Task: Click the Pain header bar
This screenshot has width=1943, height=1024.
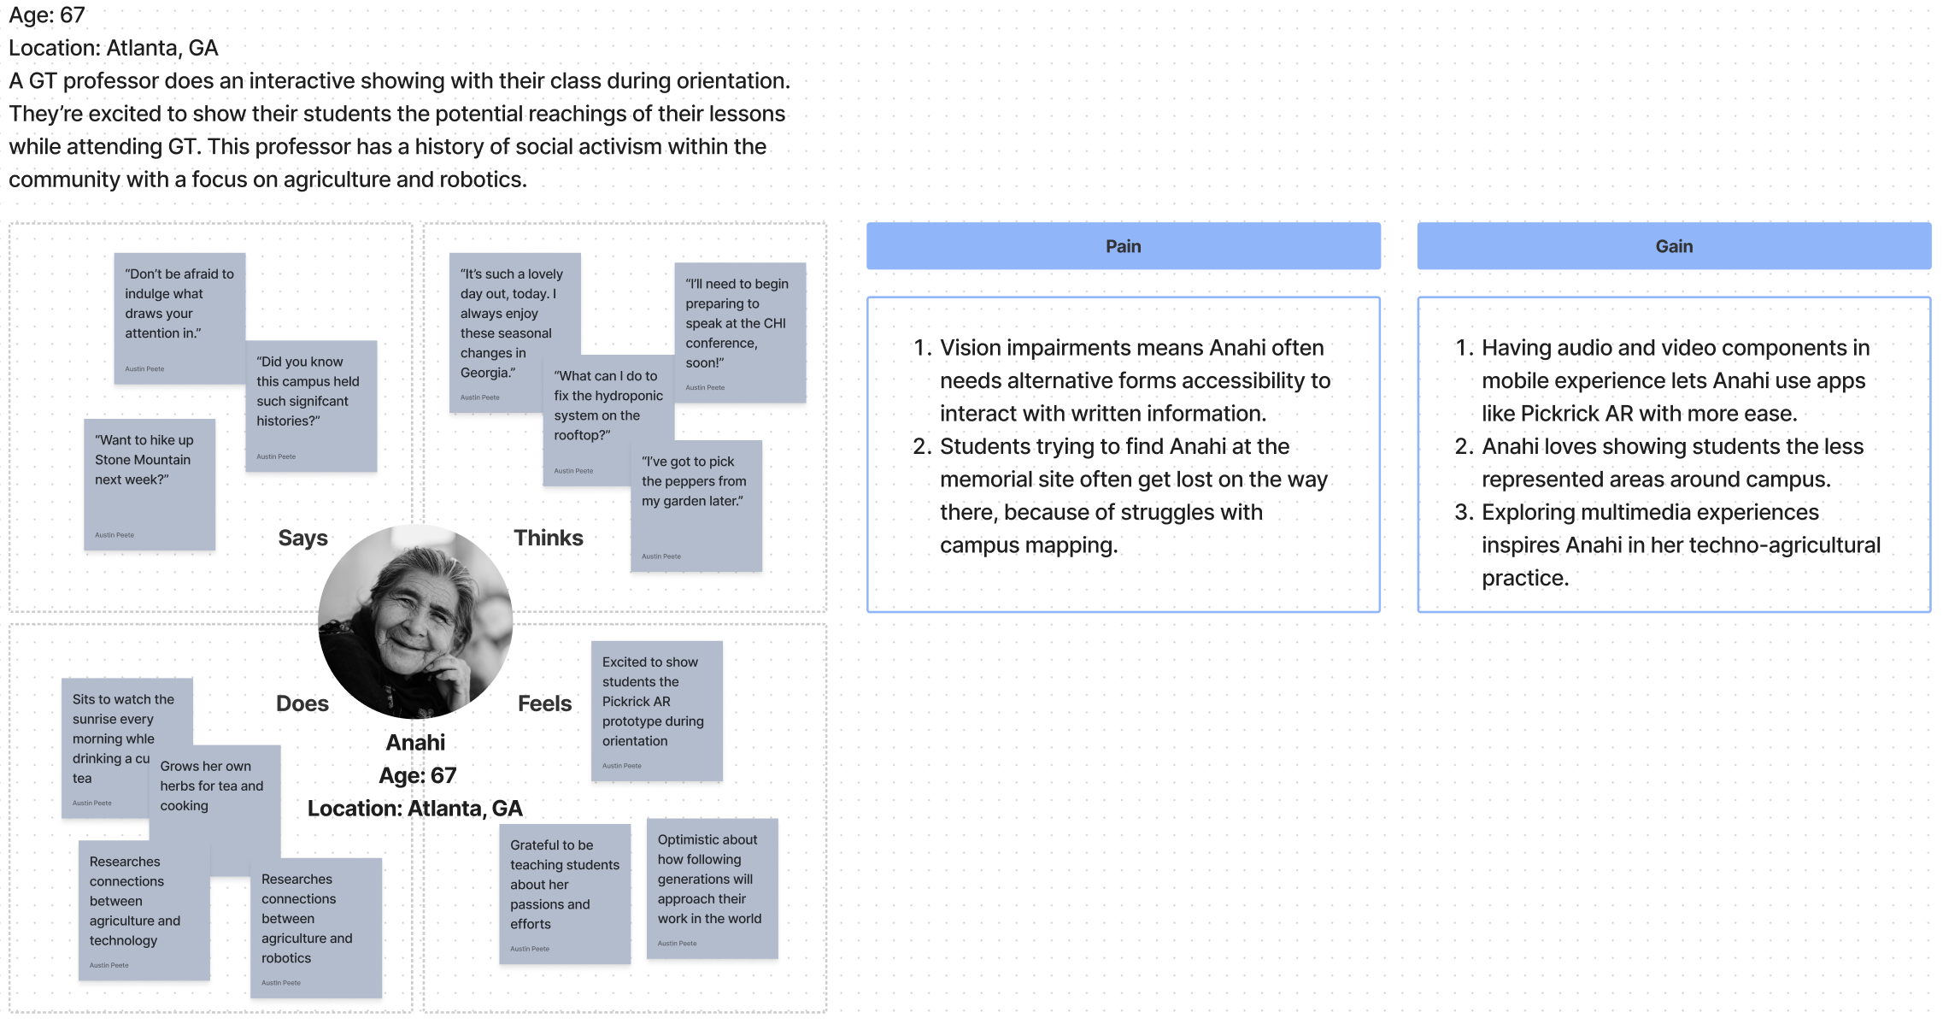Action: (x=1123, y=246)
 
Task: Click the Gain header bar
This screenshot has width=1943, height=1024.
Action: (x=1673, y=246)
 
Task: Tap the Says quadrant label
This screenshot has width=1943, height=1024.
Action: (x=302, y=538)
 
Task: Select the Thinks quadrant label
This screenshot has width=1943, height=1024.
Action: (x=548, y=538)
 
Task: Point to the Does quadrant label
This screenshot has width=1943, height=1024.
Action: (x=302, y=703)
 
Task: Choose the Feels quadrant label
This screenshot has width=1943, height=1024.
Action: (x=544, y=703)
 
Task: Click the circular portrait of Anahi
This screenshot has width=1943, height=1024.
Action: (x=415, y=621)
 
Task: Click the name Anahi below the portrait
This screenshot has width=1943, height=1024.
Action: (x=415, y=742)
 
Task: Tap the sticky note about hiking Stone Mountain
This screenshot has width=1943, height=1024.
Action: (x=149, y=484)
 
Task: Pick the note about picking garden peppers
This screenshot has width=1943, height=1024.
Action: (x=696, y=505)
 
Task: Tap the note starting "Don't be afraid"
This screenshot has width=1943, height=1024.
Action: (x=179, y=317)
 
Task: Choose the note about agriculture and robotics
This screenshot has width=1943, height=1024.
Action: (x=315, y=927)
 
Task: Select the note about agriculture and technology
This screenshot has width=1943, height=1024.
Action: (x=144, y=910)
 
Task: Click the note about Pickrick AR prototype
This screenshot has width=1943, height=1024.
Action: (x=656, y=710)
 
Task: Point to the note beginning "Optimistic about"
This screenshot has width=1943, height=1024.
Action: (x=712, y=888)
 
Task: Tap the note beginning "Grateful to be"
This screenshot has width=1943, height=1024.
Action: (x=564, y=893)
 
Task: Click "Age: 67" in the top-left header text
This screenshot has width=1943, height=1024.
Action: (x=47, y=15)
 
